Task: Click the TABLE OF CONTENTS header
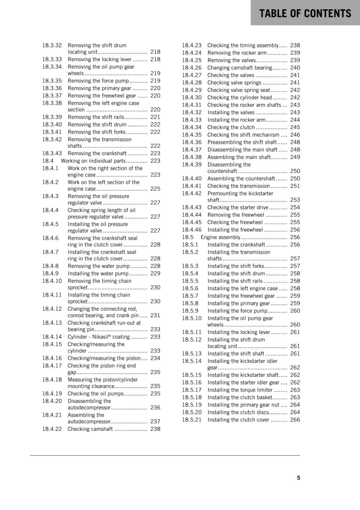coord(305,13)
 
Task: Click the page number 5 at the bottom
coord(299,477)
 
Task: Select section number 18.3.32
coord(52,45)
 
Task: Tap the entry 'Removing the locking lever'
coord(99,59)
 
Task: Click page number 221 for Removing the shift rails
coord(155,117)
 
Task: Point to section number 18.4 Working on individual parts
coord(48,161)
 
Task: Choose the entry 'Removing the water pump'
coord(99,266)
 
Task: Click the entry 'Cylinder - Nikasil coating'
coord(99,337)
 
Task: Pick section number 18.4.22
coord(52,429)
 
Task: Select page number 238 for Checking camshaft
coord(155,429)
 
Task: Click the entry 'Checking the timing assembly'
coord(243,45)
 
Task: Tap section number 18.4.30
coord(192,98)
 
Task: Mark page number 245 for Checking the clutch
coord(295,127)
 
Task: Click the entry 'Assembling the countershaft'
coord(241,178)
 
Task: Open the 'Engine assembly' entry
coord(220,237)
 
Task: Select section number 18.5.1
coord(190,244)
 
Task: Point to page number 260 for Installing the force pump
coord(295,310)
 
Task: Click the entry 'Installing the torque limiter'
coord(240,390)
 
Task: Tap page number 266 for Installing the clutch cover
coord(295,419)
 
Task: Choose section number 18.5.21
coord(192,419)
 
